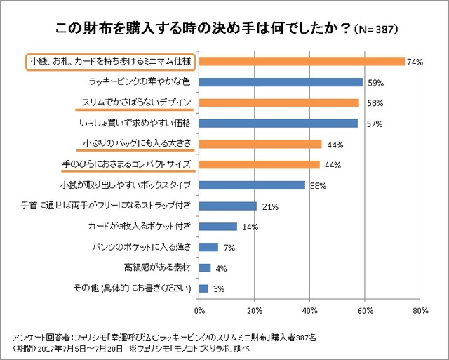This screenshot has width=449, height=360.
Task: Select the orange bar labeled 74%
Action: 302,62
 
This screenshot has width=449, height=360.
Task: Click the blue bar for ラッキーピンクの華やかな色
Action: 281,82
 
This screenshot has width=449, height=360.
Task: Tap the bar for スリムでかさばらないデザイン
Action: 279,103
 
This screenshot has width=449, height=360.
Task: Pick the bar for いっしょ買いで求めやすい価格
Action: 279,124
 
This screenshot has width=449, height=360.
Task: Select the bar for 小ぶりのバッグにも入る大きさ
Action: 260,144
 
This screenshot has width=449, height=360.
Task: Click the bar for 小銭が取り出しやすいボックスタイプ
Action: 252,185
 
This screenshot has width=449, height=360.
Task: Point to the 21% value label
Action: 271,206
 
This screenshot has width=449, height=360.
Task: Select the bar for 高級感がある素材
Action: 205,267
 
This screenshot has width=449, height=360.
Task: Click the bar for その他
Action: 203,288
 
